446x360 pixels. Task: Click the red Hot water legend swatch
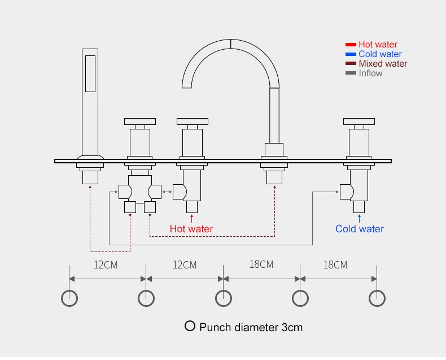click(x=350, y=45)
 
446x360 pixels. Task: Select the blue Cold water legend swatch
click(x=350, y=54)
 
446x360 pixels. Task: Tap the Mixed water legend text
click(x=383, y=64)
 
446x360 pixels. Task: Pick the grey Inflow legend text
click(x=370, y=73)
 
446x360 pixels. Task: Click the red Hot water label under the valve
click(x=191, y=229)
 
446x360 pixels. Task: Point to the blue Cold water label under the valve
click(x=359, y=229)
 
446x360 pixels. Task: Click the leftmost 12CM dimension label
click(x=106, y=264)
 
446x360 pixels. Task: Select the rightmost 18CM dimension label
click(x=336, y=264)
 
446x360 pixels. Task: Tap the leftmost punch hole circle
click(x=69, y=298)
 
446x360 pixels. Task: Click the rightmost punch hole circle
click(x=377, y=298)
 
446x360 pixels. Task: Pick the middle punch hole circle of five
click(x=224, y=298)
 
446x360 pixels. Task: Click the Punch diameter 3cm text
click(x=251, y=327)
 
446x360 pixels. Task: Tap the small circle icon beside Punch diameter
click(x=190, y=326)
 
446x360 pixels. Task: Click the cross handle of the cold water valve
click(x=359, y=121)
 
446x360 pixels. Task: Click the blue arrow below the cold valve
click(x=359, y=217)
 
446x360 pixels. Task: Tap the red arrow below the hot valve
click(x=192, y=217)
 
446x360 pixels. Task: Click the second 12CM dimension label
click(x=185, y=264)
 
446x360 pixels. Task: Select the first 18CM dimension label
click(x=261, y=264)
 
